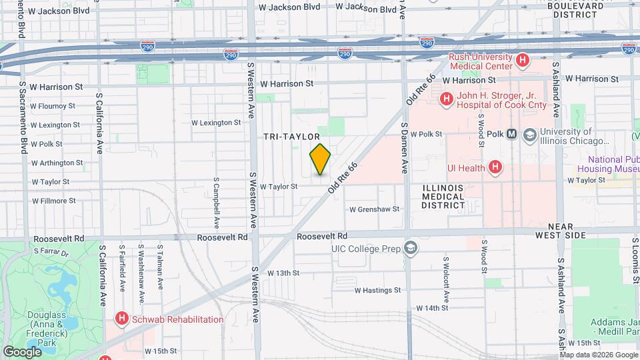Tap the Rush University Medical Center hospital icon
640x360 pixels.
(523, 60)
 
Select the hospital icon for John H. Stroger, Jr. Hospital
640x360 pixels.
(446, 100)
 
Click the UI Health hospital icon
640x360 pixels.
(495, 167)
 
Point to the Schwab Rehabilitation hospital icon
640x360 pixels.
(121, 319)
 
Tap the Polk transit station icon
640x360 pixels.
(512, 134)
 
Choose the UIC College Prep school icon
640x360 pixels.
(411, 248)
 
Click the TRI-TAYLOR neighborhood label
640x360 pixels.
(287, 136)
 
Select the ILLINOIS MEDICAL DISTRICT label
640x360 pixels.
(443, 197)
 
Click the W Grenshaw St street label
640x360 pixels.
(374, 209)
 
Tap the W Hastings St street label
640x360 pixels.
(377, 290)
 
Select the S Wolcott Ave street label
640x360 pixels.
(445, 277)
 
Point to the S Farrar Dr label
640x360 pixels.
(51, 254)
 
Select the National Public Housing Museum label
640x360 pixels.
(613, 164)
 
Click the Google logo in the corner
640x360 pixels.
(23, 351)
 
